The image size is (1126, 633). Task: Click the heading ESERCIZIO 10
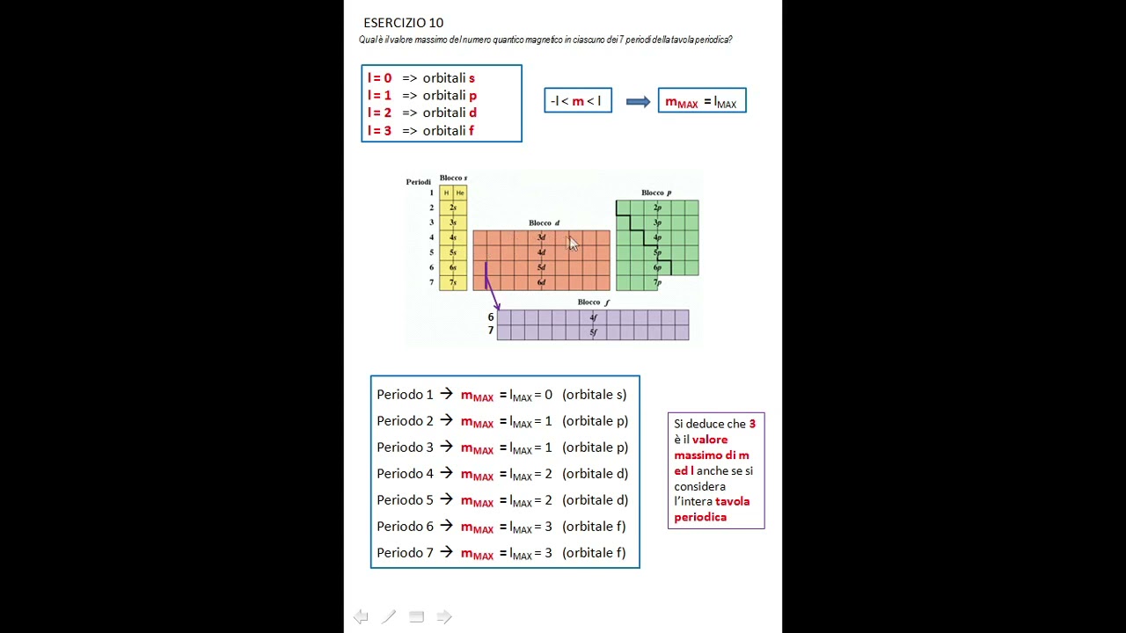[x=403, y=23]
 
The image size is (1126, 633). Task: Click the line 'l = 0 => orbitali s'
[x=421, y=78]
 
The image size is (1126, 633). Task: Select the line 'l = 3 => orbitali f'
[x=420, y=131]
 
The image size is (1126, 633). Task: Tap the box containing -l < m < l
[x=577, y=101]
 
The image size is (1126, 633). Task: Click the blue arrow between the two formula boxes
[x=638, y=102]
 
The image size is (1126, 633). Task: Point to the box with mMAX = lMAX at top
[x=701, y=101]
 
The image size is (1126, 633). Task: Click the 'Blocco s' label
[x=453, y=178]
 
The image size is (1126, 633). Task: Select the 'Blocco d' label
[x=544, y=223]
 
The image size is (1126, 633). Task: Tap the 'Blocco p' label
[x=656, y=193]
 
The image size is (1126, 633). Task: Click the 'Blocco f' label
[x=593, y=302]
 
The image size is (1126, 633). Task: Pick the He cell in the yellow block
[x=460, y=193]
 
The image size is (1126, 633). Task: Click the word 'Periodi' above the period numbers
[x=418, y=182]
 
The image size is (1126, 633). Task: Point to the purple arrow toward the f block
[x=491, y=286]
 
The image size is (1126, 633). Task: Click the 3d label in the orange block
[x=541, y=237]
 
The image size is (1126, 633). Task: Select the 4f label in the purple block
[x=593, y=317]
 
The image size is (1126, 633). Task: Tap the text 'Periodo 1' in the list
[x=405, y=395]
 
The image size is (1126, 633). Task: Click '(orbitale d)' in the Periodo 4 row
[x=595, y=474]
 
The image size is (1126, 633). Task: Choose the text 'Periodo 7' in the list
[x=405, y=553]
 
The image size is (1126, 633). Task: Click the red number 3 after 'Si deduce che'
[x=752, y=424]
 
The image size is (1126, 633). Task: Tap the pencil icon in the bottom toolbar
[x=389, y=617]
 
